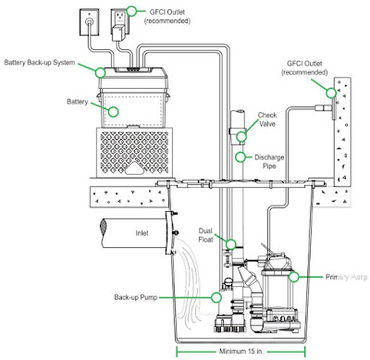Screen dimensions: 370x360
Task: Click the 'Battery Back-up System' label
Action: [40, 63]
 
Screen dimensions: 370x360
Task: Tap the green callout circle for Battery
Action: [114, 112]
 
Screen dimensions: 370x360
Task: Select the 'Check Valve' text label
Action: [267, 119]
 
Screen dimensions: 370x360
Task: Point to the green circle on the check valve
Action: [241, 136]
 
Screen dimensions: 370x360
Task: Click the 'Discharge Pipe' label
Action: [269, 162]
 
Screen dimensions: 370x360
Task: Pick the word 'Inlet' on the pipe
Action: [142, 233]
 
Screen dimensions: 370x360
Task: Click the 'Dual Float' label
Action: [205, 235]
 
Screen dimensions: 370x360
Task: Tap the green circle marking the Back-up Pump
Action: [216, 297]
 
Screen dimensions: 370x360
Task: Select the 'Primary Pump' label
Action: [346, 277]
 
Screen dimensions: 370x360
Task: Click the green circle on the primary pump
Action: [294, 277]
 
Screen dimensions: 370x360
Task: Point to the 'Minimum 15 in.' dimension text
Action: [242, 352]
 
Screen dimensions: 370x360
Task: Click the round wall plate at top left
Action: [90, 22]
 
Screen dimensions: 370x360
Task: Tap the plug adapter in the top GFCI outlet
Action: [117, 33]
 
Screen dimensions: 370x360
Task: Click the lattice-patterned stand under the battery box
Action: [134, 153]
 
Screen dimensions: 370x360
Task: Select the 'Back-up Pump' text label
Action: [136, 297]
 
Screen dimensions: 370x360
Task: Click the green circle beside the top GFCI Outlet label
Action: [132, 11]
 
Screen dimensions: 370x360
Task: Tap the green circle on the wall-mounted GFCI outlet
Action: [331, 93]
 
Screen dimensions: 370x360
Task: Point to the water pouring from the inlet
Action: [188, 285]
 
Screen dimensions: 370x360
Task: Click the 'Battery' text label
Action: [78, 102]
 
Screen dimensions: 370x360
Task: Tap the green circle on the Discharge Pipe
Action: [240, 157]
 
